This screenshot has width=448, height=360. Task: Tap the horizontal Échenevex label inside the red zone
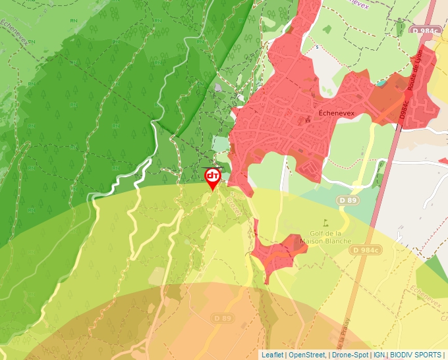pos(337,113)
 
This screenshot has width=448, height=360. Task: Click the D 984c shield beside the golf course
pos(366,250)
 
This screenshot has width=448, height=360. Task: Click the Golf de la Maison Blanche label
pos(325,237)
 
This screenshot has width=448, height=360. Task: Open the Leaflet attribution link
pos(272,355)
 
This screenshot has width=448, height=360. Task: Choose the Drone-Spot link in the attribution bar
pos(350,355)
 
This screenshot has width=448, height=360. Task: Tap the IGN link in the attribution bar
pos(379,355)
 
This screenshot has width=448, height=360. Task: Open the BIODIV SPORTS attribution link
pos(416,355)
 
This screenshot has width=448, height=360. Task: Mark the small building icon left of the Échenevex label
pos(307,119)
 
